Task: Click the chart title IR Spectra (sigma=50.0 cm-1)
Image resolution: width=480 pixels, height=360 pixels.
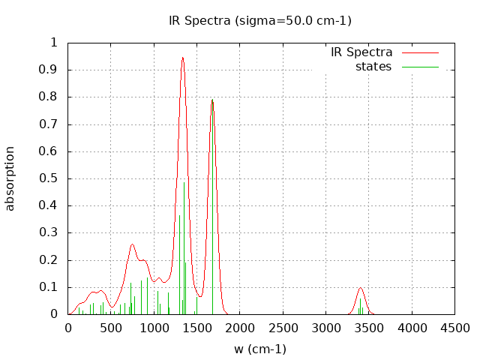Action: [259, 20]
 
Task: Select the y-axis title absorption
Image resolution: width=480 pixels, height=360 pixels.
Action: [10, 178]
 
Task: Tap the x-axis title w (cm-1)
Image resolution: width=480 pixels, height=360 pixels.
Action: [260, 349]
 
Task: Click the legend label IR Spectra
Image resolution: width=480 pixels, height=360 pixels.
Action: [361, 52]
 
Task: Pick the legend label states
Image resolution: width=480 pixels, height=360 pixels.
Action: [373, 67]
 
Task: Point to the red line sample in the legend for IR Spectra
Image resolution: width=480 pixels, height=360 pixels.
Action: [420, 52]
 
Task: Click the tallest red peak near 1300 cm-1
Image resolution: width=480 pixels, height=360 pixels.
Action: [182, 58]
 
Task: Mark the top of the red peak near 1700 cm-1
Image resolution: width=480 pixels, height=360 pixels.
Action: [212, 100]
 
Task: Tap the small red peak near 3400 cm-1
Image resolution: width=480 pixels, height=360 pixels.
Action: [361, 288]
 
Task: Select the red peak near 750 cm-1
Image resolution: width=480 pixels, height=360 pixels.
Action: [132, 244]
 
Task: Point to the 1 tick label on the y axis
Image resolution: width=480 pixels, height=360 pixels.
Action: [53, 43]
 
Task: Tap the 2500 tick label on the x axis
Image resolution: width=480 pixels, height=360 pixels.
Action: [283, 328]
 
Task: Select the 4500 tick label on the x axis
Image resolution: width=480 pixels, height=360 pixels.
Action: [454, 328]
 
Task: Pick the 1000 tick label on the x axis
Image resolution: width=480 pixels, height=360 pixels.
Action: [154, 328]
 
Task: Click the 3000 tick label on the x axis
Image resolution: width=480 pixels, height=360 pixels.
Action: [325, 328]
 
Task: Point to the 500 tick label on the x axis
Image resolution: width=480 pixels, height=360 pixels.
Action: [111, 328]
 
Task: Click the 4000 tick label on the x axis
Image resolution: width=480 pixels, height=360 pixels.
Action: [412, 328]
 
